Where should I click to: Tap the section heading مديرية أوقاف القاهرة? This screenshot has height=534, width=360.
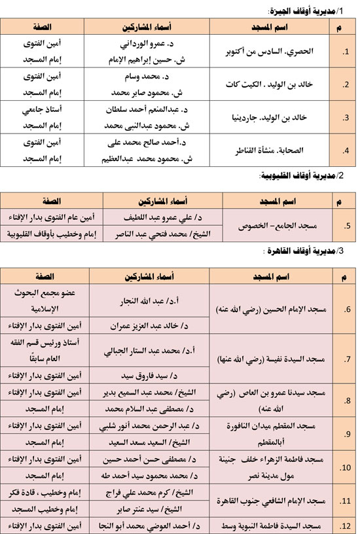(304, 252)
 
